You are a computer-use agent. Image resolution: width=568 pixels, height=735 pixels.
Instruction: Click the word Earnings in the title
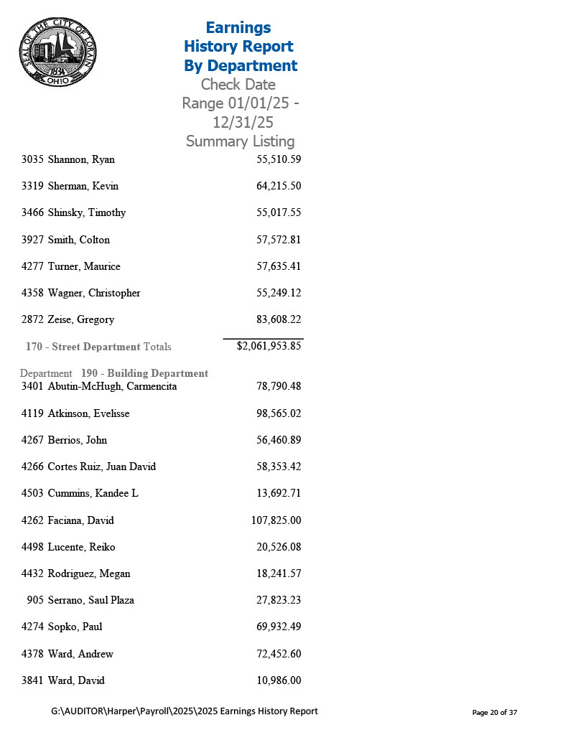238,28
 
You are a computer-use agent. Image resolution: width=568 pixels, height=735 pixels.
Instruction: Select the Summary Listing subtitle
240,141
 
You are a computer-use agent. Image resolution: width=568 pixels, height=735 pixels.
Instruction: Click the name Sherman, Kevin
83,186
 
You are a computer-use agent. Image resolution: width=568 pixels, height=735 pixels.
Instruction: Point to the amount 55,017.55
278,212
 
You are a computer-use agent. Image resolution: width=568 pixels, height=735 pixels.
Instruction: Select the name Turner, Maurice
84,266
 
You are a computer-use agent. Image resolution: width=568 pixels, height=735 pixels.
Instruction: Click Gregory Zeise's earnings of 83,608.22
278,319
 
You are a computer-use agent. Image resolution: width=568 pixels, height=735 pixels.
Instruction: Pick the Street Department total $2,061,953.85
269,346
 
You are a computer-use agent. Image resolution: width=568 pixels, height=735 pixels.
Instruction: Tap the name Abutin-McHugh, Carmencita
112,386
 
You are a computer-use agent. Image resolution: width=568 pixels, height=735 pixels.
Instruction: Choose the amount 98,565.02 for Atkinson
278,413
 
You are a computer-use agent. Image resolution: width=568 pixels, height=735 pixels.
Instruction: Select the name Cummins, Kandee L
93,493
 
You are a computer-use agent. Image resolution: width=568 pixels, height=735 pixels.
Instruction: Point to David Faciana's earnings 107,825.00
276,520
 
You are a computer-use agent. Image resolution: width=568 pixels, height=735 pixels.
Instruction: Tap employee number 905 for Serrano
35,600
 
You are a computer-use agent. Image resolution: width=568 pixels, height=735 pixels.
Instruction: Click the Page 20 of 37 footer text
494,713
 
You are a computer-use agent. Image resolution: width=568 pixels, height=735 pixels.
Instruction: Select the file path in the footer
185,711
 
